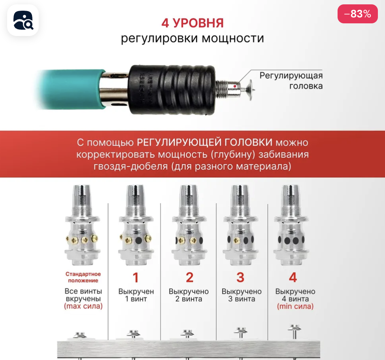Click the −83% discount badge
click(357, 14)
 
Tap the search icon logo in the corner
click(23, 20)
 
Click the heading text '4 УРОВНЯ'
click(192, 23)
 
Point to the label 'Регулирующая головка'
click(291, 81)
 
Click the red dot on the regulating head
click(235, 86)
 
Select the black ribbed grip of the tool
click(172, 90)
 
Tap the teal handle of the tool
click(71, 89)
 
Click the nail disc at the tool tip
click(251, 90)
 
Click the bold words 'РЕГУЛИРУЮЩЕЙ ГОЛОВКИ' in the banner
click(204, 142)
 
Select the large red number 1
click(136, 278)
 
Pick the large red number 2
click(190, 278)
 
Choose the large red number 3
click(240, 278)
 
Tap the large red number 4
click(293, 278)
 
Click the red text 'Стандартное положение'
click(83, 277)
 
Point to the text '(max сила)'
click(83, 306)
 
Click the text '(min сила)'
click(295, 307)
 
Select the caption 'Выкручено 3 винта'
click(242, 295)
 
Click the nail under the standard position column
click(80, 336)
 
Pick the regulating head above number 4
click(291, 225)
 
